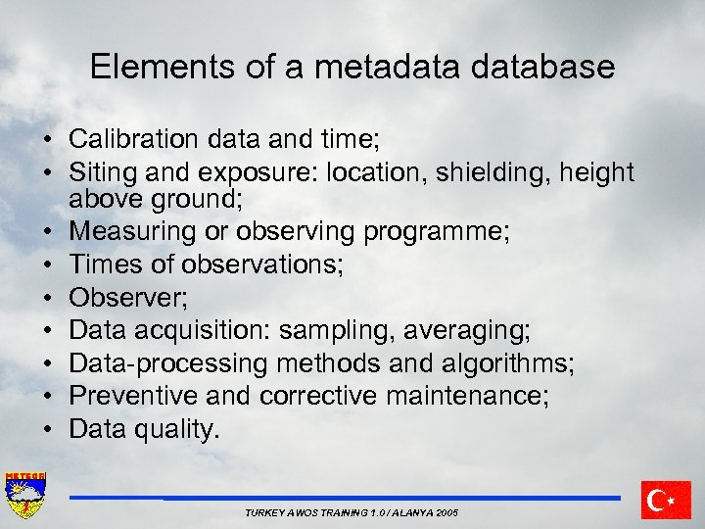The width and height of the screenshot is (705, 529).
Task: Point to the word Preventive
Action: pos(130,396)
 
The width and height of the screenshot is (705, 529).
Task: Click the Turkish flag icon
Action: pos(666,500)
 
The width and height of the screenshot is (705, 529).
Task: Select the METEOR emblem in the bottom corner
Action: pos(25,496)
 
